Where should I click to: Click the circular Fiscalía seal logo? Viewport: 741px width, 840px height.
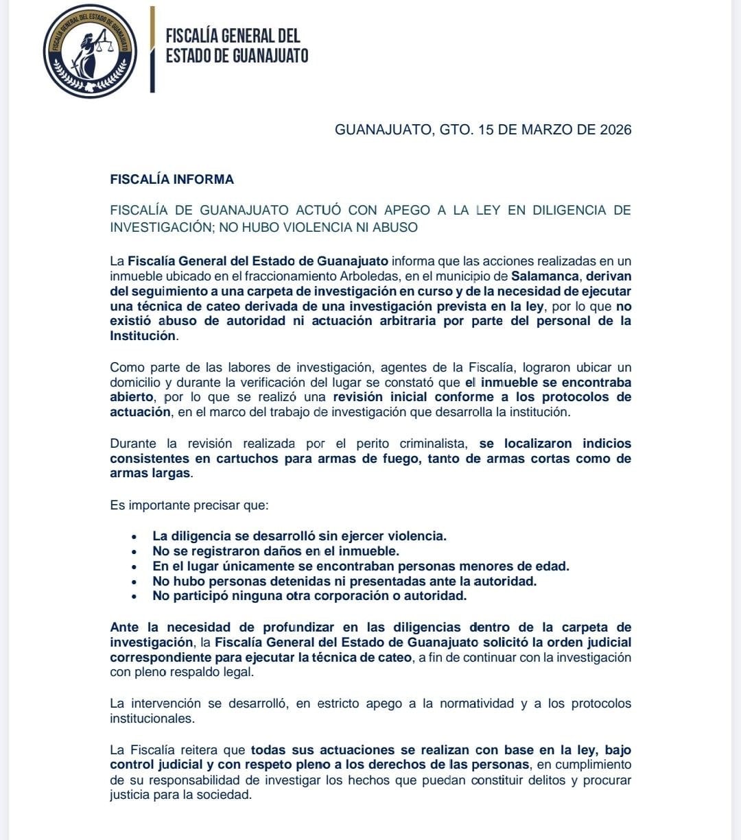[x=90, y=51]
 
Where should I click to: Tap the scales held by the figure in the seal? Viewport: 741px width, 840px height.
[x=105, y=47]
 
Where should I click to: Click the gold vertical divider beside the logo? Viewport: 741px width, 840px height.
[x=152, y=49]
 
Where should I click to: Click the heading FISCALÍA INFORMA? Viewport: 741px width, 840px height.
[x=172, y=180]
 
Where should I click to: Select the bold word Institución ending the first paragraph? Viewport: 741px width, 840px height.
[x=142, y=336]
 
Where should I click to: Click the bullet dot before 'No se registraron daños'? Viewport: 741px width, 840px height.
[x=135, y=551]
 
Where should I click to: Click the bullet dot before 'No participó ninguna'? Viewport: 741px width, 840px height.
[x=135, y=597]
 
